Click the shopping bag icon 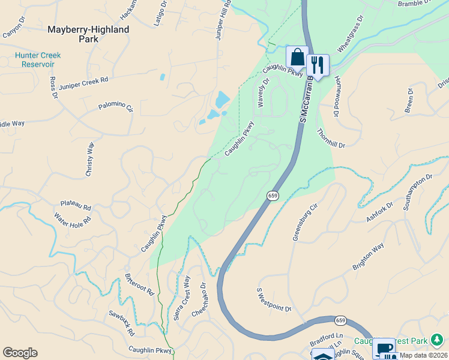(297, 57)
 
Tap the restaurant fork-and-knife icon (318, 65)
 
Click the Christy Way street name (90, 159)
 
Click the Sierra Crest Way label (182, 298)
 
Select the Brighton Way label (368, 257)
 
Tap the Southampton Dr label (418, 193)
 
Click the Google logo (20, 353)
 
